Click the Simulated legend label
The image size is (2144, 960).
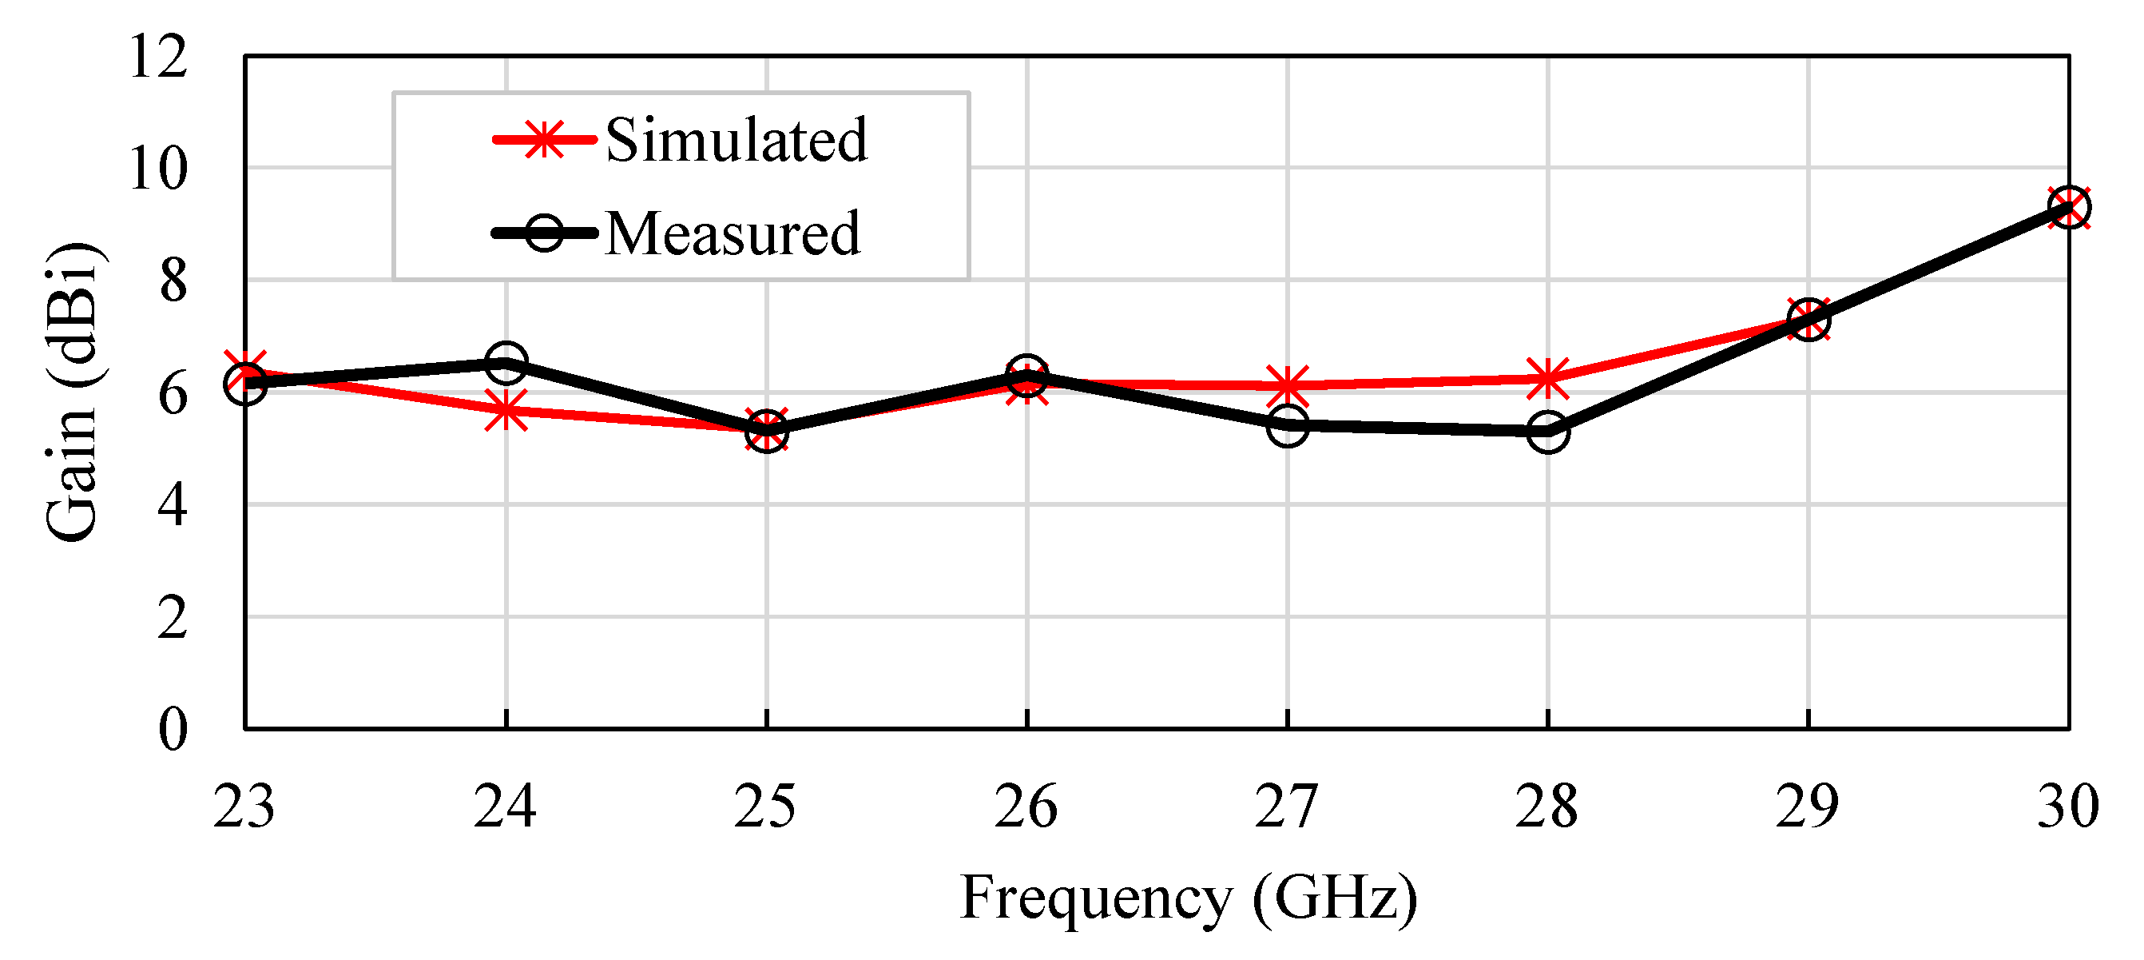coord(736,139)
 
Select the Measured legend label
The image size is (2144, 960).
coord(732,233)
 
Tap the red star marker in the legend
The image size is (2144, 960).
coord(545,139)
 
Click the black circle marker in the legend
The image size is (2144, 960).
coord(545,233)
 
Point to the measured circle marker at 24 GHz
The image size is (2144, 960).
coord(505,361)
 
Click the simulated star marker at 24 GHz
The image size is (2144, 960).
coord(505,411)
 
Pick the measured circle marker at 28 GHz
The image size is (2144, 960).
coord(1548,432)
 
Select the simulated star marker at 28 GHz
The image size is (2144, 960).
coord(1548,378)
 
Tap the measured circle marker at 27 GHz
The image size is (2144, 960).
coord(1288,426)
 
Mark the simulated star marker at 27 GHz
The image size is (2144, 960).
coord(1288,385)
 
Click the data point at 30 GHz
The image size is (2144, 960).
coord(2069,206)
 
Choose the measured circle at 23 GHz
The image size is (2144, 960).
coord(244,383)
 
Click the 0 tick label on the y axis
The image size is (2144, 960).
coord(173,729)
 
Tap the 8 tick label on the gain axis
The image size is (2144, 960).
coord(173,281)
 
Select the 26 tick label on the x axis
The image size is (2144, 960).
coord(1026,806)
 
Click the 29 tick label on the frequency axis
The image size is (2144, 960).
coord(1807,806)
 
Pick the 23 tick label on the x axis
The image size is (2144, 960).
coord(244,806)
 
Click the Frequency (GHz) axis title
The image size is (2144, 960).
coord(1189,898)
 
